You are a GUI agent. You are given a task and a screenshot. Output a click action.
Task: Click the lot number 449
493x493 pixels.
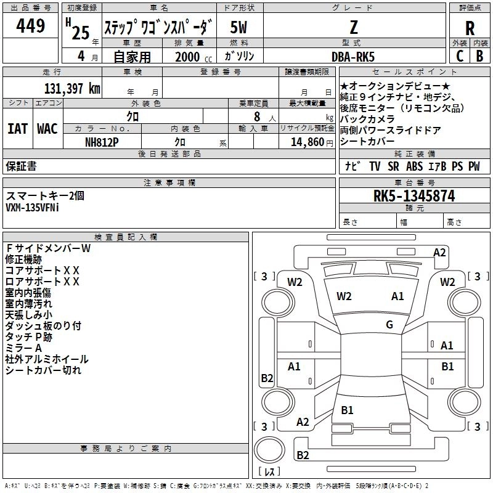[x=31, y=26]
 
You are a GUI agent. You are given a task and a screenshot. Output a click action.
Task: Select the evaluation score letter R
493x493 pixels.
[x=470, y=28]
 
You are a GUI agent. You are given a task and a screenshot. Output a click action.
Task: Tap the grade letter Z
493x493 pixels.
[x=353, y=27]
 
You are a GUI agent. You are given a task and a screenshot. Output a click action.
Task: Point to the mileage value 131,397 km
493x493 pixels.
[x=71, y=89]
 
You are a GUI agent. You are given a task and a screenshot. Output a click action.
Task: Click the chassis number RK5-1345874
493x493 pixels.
[x=414, y=197]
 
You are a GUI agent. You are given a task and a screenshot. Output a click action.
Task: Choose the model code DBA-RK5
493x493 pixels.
[x=353, y=57]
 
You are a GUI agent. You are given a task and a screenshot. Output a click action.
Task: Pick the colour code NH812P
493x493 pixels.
[x=102, y=141]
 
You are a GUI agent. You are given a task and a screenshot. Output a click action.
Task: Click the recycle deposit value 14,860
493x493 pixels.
[x=306, y=141]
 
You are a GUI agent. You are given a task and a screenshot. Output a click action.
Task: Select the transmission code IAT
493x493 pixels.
[x=17, y=129]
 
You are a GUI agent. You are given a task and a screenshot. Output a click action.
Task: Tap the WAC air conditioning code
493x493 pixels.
[x=47, y=129]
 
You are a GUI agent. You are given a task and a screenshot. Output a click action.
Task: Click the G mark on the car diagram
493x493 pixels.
[x=389, y=325]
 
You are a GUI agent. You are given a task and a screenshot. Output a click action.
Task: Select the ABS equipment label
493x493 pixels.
[x=415, y=166]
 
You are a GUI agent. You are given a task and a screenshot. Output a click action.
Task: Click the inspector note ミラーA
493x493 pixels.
[x=24, y=348]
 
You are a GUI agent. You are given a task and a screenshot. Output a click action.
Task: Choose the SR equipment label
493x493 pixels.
[x=393, y=166]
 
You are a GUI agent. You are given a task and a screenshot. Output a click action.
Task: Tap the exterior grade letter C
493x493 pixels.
[x=459, y=56]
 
